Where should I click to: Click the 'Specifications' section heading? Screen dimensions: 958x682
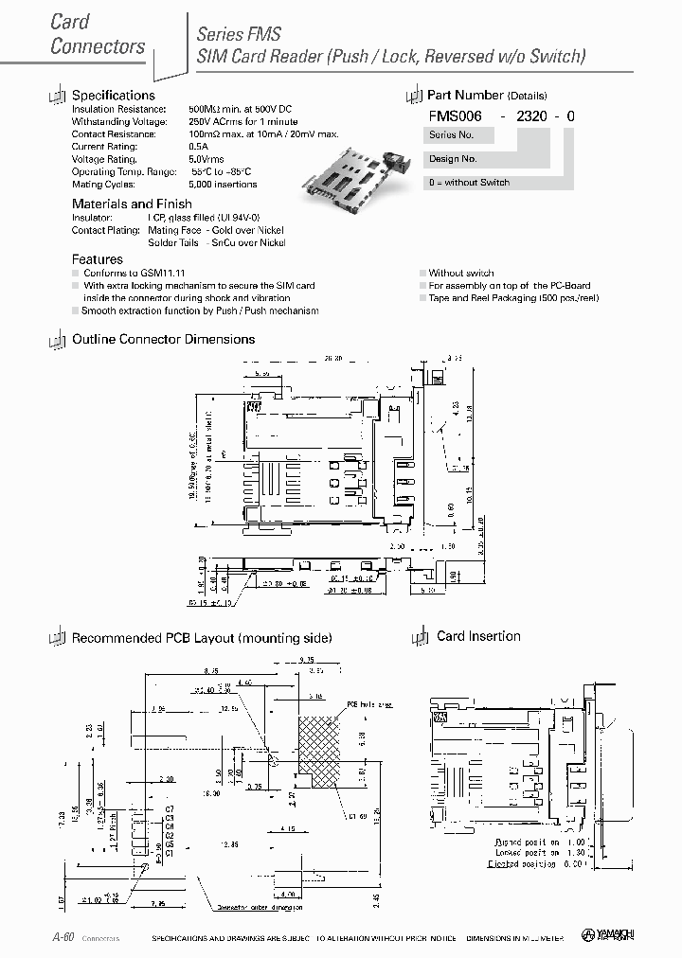[113, 95]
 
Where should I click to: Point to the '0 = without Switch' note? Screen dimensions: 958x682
[469, 183]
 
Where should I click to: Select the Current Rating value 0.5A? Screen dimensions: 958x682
[198, 147]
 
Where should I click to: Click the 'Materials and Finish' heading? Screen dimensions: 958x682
[132, 204]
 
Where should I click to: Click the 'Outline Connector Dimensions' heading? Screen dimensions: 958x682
[163, 339]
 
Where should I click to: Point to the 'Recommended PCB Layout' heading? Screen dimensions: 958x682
[201, 638]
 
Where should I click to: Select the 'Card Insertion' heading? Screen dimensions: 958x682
[478, 636]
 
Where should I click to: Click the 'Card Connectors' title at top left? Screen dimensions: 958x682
[98, 34]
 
